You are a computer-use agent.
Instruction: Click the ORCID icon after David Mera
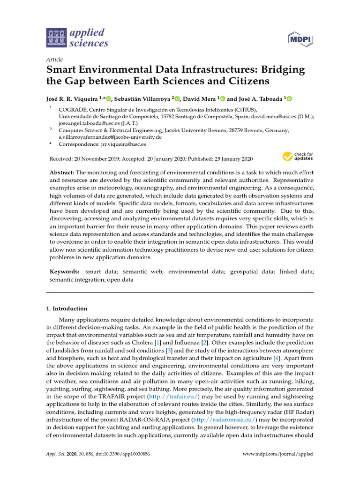pyautogui.click(x=223, y=99)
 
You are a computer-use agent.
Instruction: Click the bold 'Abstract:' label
pyautogui.click(x=62, y=173)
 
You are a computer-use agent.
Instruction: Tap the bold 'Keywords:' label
pyautogui.click(x=64, y=271)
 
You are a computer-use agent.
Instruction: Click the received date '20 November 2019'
pyautogui.click(x=97, y=159)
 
